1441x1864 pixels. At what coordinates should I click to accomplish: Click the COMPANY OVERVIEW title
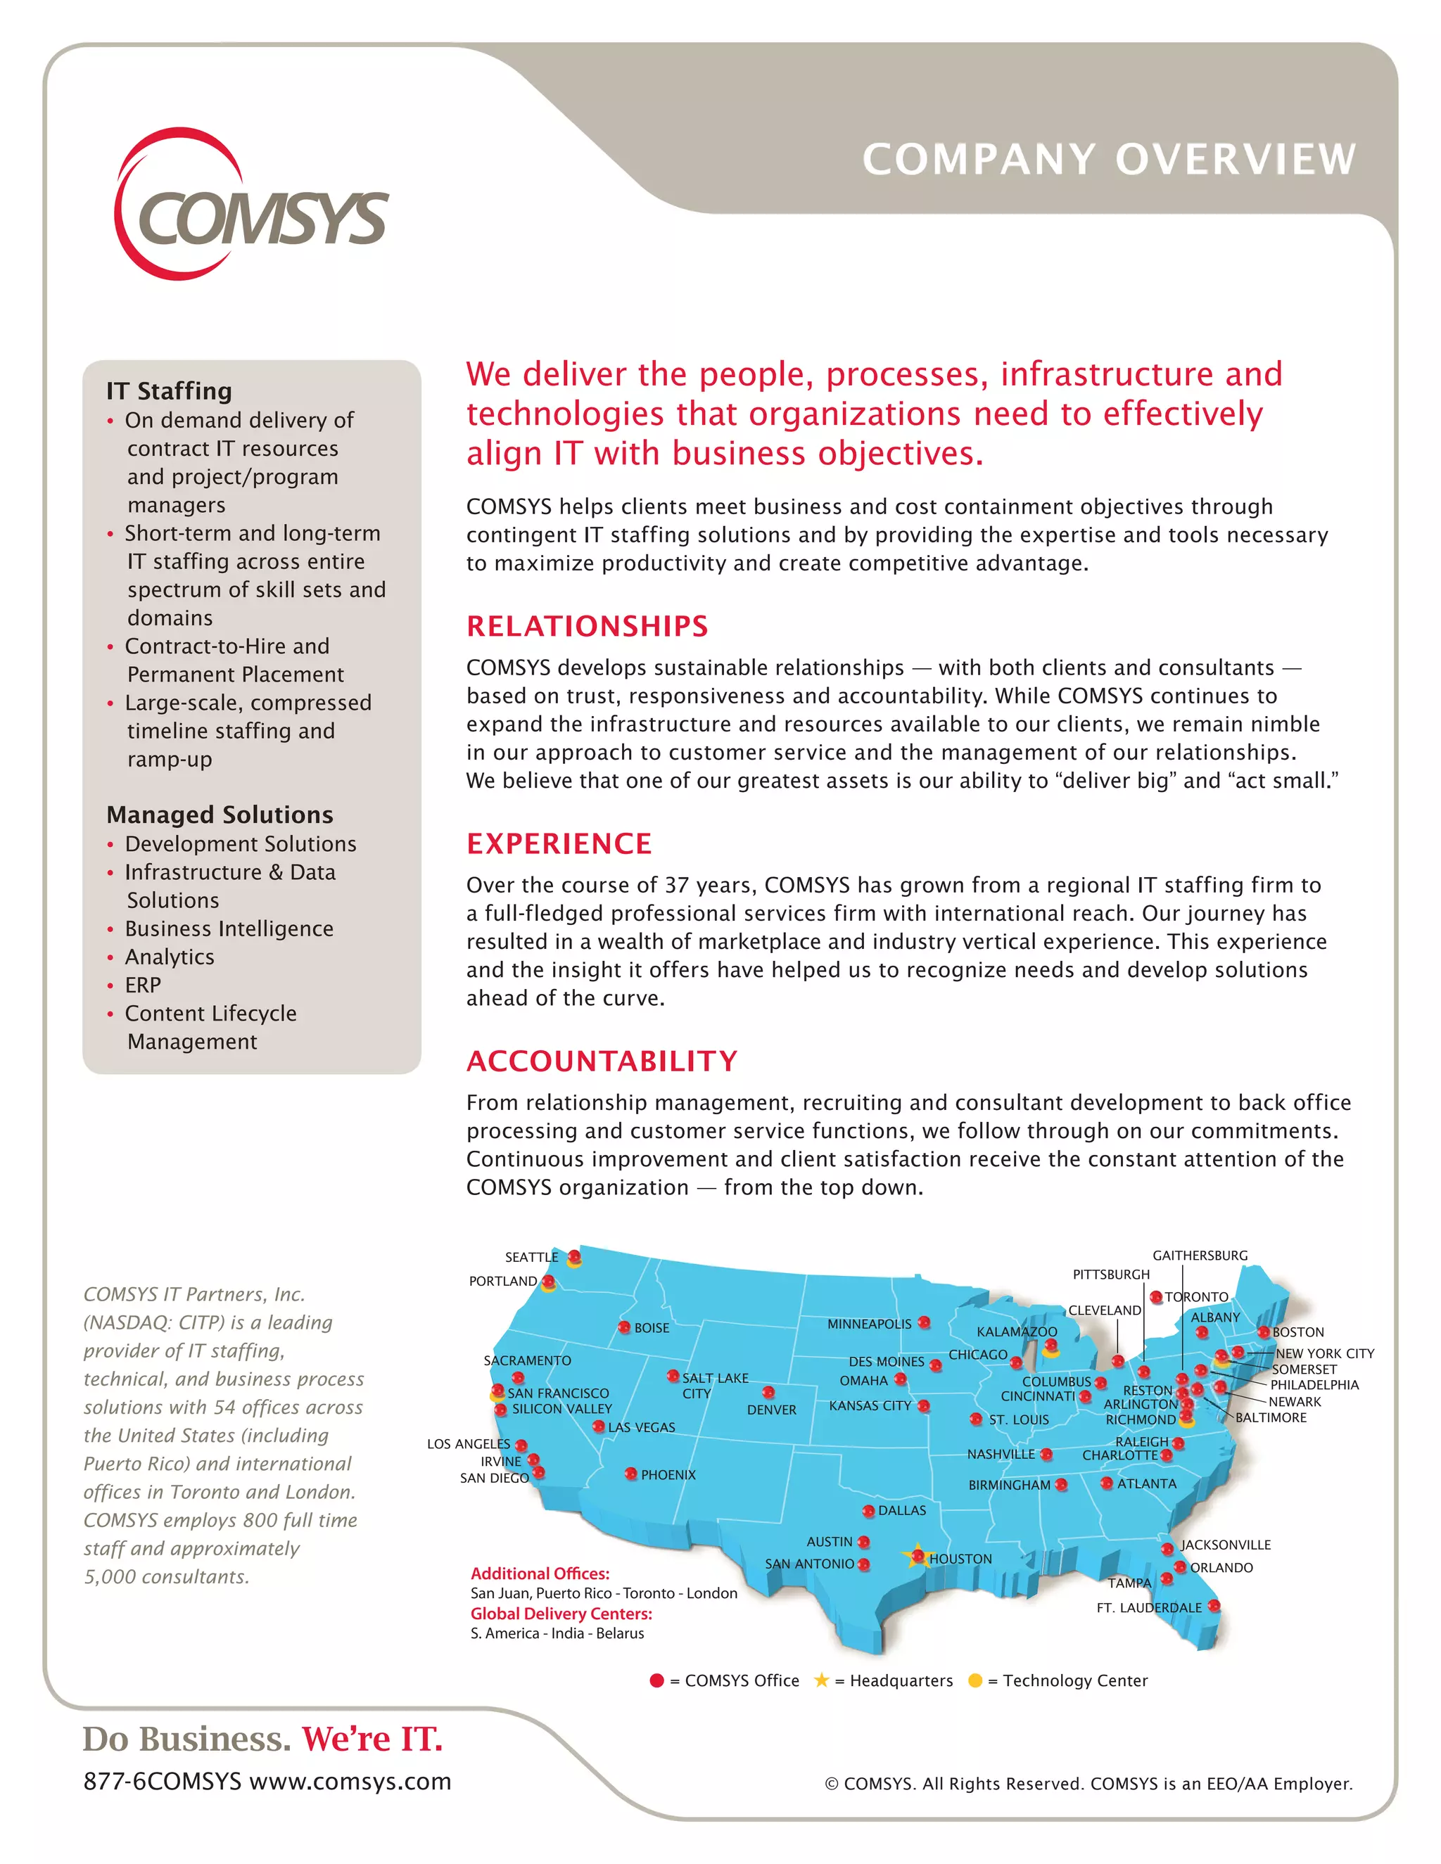point(1108,160)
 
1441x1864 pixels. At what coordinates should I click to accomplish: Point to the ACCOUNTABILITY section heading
point(602,1061)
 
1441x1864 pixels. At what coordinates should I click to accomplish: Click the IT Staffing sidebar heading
point(169,391)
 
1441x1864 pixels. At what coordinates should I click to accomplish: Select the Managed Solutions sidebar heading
point(220,815)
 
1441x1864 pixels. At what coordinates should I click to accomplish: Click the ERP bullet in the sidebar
point(143,985)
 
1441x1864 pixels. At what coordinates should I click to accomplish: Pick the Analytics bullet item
point(169,957)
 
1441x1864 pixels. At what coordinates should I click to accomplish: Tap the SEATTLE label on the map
point(531,1257)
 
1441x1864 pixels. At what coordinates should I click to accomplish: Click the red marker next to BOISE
point(625,1327)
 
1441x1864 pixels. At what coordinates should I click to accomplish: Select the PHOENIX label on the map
point(668,1475)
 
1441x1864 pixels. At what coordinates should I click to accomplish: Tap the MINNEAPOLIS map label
point(869,1324)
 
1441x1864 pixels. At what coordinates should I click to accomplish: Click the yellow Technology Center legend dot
point(975,1680)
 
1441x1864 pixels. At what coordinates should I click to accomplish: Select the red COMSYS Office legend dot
point(656,1680)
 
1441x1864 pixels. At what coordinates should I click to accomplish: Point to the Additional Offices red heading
point(540,1573)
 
